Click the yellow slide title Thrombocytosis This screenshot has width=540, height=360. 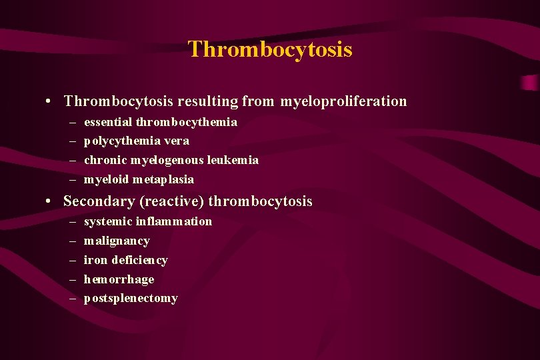pos(270,49)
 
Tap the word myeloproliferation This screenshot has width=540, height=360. pos(343,101)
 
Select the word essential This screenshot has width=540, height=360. pos(108,122)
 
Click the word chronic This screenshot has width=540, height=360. pos(105,160)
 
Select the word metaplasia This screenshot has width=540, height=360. pos(163,179)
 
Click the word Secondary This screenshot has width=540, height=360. pos(94,201)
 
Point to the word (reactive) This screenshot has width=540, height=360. pos(174,201)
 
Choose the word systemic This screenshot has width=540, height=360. pos(108,221)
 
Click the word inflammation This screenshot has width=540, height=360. pos(174,221)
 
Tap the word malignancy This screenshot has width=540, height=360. pos(117,241)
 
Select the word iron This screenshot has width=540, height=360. pos(95,260)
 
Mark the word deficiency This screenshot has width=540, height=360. pos(139,260)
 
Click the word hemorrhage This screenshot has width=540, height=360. pos(119,279)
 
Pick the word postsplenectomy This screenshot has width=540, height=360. pos(131,299)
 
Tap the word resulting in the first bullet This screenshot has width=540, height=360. pos(207,101)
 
